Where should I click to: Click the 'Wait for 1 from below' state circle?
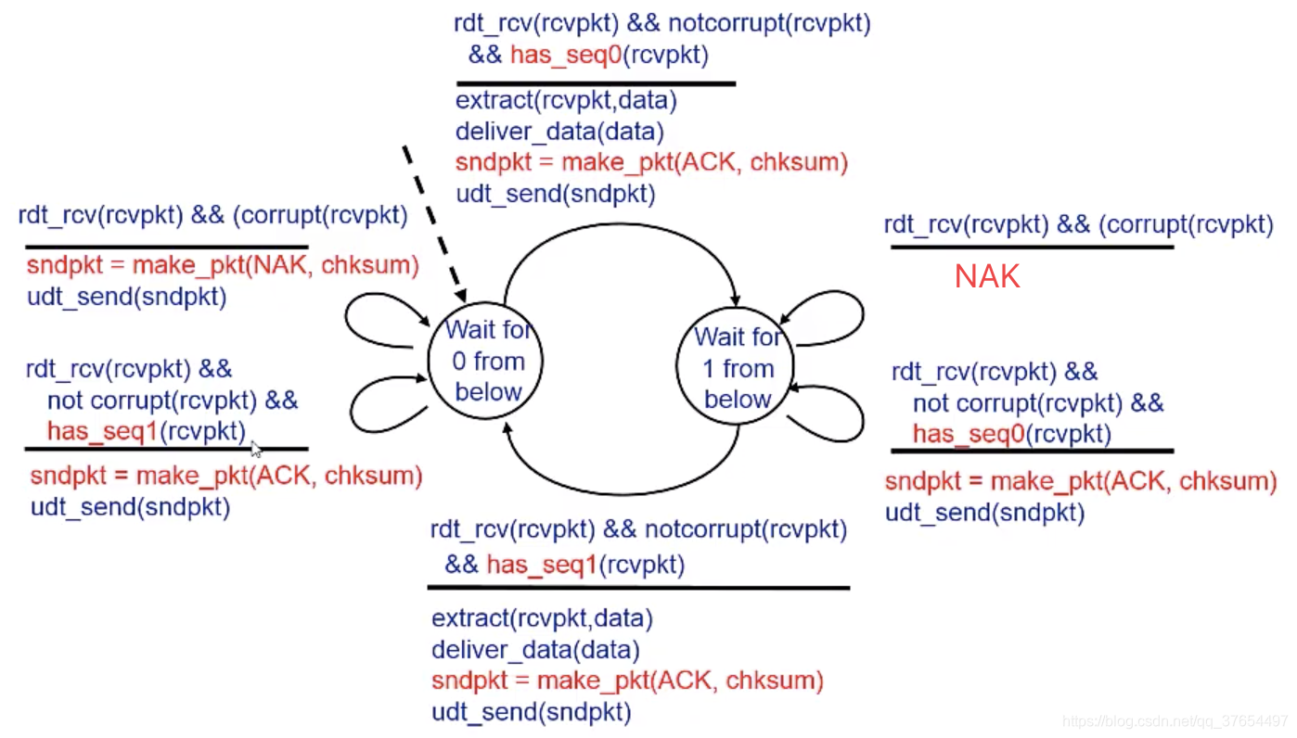point(738,367)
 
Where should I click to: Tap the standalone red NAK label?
point(987,276)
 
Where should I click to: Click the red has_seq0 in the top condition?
point(564,55)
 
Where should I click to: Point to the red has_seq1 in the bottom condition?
point(540,565)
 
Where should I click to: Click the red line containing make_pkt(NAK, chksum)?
point(223,266)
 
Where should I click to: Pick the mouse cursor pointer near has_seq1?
point(255,449)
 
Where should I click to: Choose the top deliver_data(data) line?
point(559,132)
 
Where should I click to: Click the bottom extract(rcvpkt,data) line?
point(542,617)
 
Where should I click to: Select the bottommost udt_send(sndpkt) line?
point(531,713)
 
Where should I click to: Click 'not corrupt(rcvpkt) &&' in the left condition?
point(173,401)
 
